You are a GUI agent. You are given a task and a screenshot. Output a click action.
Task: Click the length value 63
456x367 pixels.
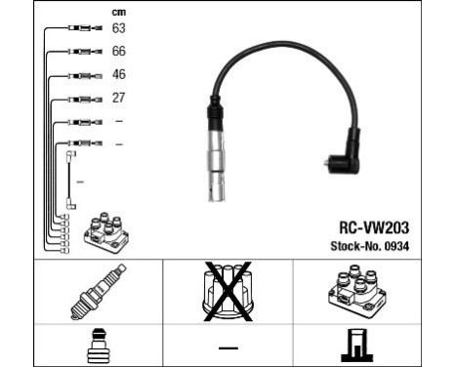tap(119, 27)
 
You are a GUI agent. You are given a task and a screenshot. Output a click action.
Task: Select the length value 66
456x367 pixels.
tap(119, 51)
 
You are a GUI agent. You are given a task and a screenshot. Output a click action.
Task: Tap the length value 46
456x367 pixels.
tap(119, 74)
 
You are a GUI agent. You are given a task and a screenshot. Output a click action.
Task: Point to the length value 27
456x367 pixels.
tap(119, 98)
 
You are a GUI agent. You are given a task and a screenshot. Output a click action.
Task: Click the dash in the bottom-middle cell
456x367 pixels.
tap(228, 347)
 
